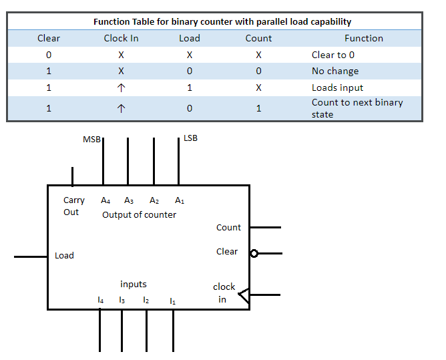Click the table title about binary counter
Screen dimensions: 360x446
click(x=222, y=21)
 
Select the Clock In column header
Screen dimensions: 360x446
click(x=121, y=38)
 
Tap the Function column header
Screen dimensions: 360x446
click(x=363, y=38)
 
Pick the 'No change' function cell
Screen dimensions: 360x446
click(x=334, y=71)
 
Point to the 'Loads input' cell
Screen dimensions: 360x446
click(x=337, y=87)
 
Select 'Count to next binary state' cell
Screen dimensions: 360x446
click(x=357, y=108)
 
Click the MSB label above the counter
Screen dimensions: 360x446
click(x=91, y=140)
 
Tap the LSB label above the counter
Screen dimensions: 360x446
click(x=190, y=138)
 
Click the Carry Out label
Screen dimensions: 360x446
click(x=73, y=206)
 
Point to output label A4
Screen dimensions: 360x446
click(x=105, y=200)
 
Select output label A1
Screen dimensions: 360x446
click(x=180, y=200)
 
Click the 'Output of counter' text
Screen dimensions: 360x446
click(x=139, y=215)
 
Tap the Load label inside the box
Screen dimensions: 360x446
click(x=64, y=256)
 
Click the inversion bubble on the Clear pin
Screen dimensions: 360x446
click(x=254, y=253)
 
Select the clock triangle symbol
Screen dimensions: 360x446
click(x=244, y=295)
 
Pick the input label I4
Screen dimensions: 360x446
click(x=101, y=301)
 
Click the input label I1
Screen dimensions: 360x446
click(x=172, y=301)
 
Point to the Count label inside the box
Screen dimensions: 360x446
click(x=228, y=228)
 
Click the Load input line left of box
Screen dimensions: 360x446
click(x=31, y=256)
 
